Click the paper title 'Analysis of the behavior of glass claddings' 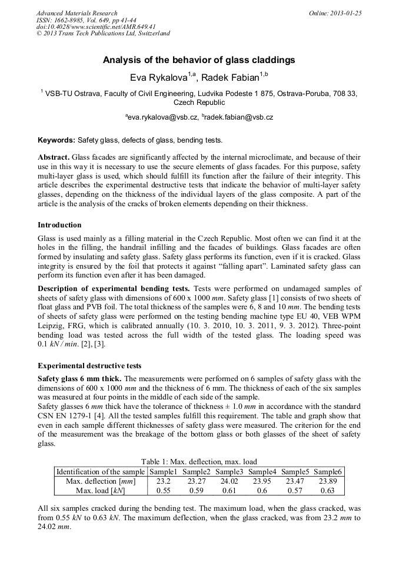pos(199,60)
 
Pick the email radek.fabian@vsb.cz pos(239,118)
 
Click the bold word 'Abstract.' pos(54,158)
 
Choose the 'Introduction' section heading pos(59,225)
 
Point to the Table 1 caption pos(199,461)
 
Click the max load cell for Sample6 pos(328,490)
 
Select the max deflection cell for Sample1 pos(163,481)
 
